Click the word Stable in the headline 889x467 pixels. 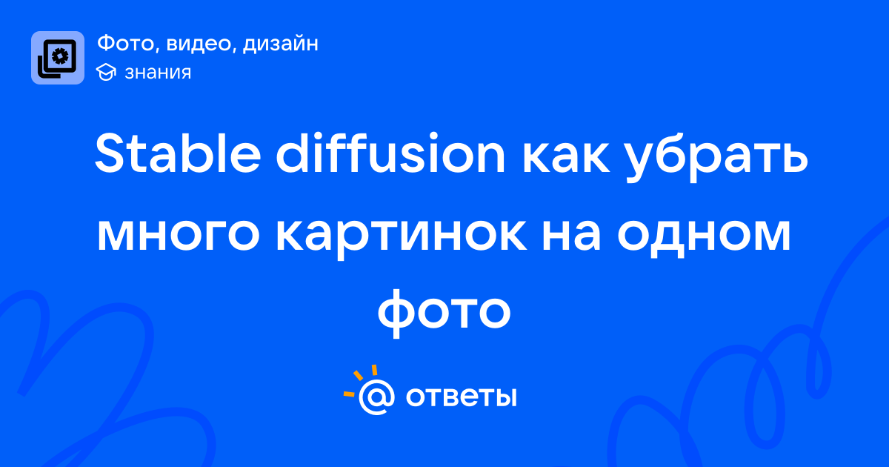(177, 153)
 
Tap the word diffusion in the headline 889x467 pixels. (390, 153)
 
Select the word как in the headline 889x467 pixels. (566, 158)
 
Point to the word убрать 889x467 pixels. (718, 157)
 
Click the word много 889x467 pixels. (179, 235)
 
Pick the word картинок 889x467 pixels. (402, 236)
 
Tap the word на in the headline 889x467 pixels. (571, 235)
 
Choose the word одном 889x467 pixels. (704, 236)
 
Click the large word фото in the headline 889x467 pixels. (444, 313)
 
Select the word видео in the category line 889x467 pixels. (198, 44)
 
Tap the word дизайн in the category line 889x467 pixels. (280, 44)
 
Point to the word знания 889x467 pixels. (158, 73)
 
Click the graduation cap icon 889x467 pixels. (106, 72)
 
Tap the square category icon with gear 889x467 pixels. (58, 58)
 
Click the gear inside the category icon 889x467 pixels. (60, 56)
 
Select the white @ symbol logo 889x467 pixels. (376, 397)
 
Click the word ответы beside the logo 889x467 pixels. (461, 397)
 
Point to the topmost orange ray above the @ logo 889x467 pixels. (374, 370)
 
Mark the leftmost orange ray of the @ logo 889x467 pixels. (349, 394)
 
